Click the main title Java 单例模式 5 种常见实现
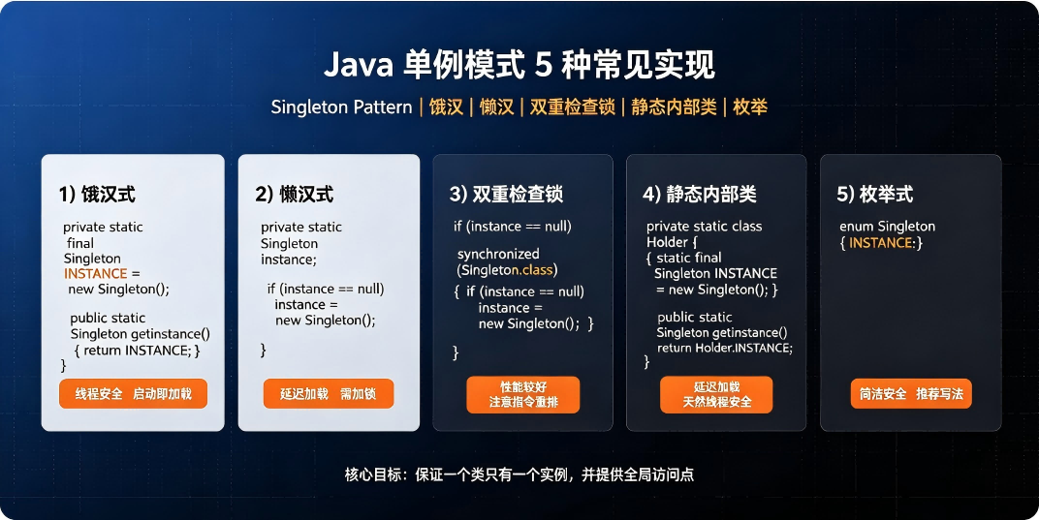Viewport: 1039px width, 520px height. (x=519, y=65)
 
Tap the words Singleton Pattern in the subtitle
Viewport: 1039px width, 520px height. (x=341, y=107)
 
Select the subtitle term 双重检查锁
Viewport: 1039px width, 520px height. (x=573, y=107)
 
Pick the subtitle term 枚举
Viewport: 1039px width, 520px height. (x=750, y=107)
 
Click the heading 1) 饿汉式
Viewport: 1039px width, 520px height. (x=97, y=194)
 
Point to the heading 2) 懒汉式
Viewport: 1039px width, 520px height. (x=295, y=194)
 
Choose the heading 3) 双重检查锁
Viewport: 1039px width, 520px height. (x=506, y=194)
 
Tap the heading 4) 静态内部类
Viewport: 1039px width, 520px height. (x=700, y=194)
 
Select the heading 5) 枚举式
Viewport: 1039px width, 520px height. (x=874, y=194)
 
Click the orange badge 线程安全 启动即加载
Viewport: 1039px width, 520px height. (x=133, y=394)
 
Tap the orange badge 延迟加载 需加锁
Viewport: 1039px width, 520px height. (x=328, y=394)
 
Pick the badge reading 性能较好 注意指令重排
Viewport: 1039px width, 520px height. (x=523, y=395)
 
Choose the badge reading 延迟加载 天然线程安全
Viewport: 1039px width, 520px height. (x=716, y=395)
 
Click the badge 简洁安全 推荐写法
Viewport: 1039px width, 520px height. (x=911, y=394)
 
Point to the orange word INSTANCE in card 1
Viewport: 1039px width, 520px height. (x=95, y=274)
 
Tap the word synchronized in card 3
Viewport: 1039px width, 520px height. (x=498, y=254)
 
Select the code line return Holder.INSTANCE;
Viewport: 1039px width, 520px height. (x=725, y=348)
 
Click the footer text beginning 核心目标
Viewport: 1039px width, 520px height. (x=519, y=474)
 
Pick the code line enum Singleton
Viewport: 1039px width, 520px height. (x=887, y=227)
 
